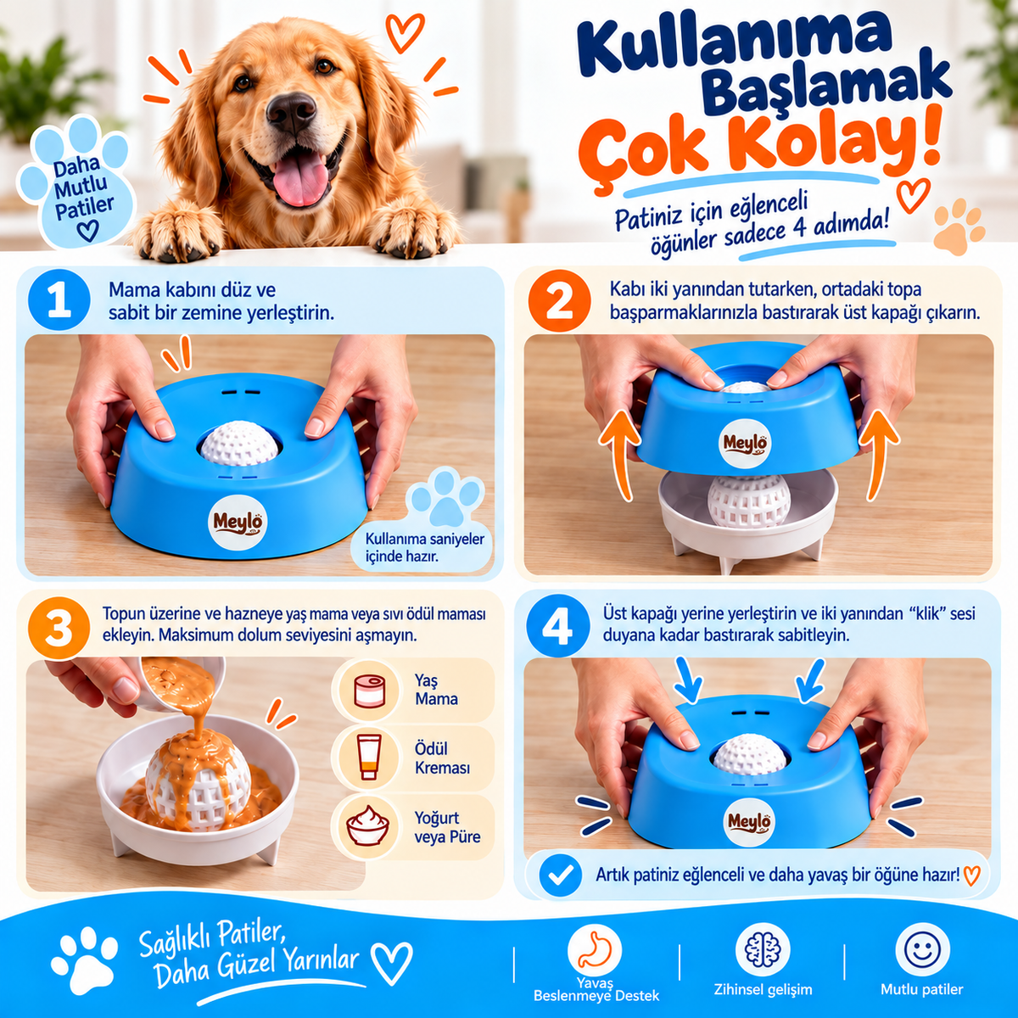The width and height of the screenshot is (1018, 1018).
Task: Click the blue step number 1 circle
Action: pos(59,299)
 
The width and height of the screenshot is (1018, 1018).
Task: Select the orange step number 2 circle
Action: pos(559,300)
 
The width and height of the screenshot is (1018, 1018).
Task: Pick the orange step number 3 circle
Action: pos(59,628)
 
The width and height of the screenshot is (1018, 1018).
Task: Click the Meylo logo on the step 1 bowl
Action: pos(238,523)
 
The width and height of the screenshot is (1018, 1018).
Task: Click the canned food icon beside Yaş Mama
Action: pos(369,691)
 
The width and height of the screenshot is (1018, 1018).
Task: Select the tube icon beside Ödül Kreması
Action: pos(369,758)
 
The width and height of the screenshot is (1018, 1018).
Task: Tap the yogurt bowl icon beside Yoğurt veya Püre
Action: pos(367,828)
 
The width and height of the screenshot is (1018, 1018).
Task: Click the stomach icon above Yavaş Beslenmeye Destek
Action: pos(595,949)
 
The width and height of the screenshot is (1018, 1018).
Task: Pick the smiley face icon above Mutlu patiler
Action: pos(922,949)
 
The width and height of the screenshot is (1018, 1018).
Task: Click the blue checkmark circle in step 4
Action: pos(561,875)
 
